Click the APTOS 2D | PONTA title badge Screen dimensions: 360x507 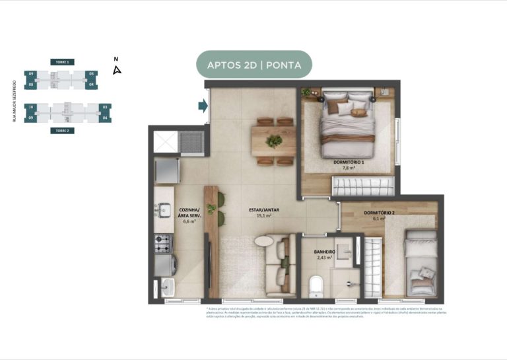[254, 65]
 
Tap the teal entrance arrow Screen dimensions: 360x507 [201, 106]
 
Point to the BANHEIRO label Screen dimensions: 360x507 [325, 252]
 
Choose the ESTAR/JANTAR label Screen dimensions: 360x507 [263, 209]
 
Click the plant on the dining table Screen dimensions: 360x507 [273, 141]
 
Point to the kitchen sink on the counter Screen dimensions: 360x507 [162, 211]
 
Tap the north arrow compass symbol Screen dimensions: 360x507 [117, 69]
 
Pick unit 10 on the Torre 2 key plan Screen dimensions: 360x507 [30, 106]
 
